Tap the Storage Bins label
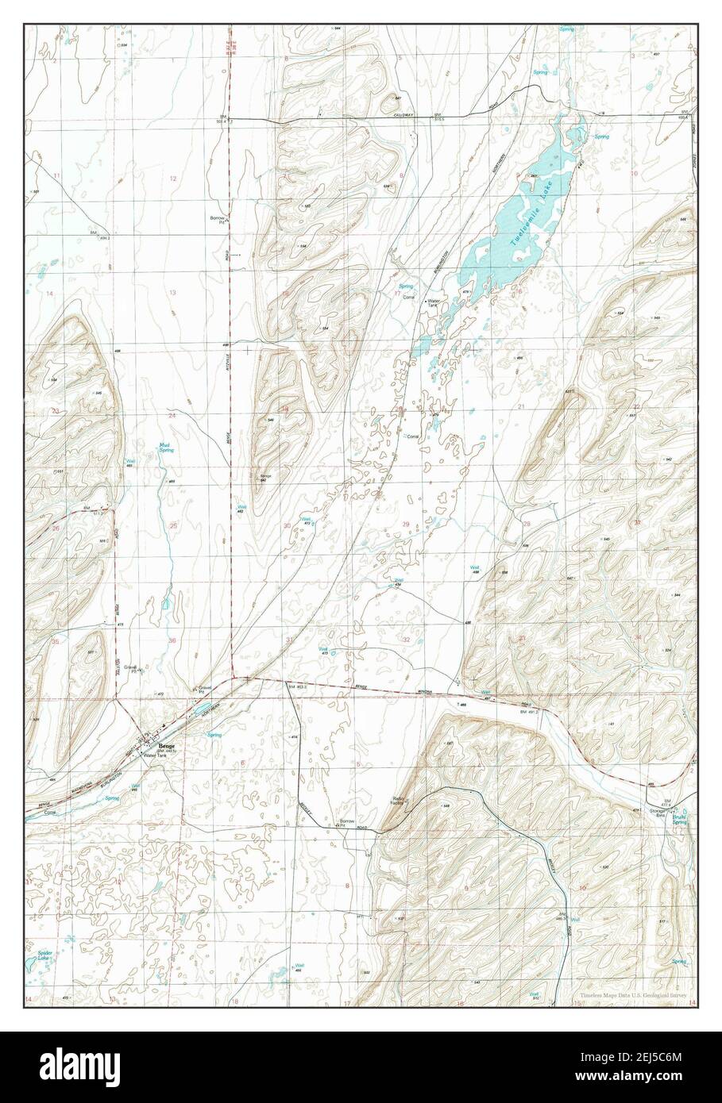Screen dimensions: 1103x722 (658, 815)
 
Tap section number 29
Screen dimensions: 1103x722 (406, 524)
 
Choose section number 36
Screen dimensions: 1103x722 (172, 640)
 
